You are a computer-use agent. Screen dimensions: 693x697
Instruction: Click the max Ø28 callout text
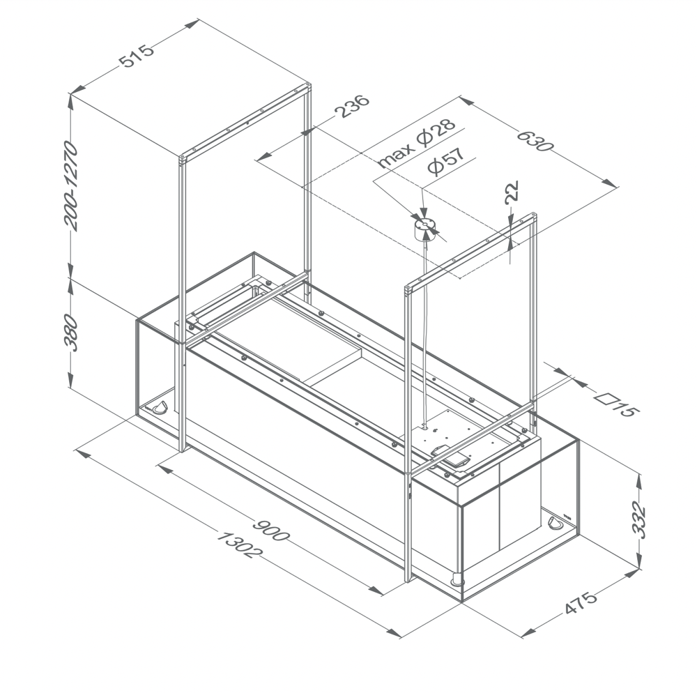pos(416,144)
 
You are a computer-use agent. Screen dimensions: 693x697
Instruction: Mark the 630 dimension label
pos(535,137)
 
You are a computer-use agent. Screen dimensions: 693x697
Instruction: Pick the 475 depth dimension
pos(581,603)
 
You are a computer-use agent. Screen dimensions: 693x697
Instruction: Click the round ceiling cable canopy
pos(424,228)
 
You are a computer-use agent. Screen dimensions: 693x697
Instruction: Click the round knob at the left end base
pos(160,407)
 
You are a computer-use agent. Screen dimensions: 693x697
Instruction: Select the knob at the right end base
pos(556,522)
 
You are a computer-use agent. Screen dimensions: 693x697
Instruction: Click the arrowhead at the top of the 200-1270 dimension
pos(70,98)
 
